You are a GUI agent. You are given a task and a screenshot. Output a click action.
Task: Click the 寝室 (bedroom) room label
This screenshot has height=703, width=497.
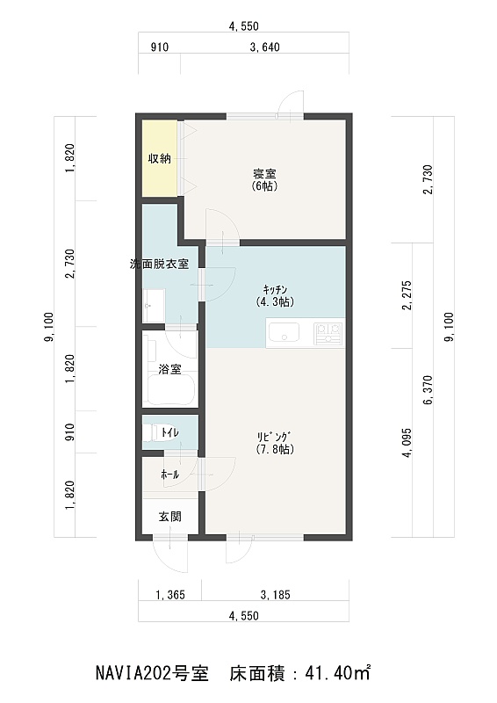pos(264,180)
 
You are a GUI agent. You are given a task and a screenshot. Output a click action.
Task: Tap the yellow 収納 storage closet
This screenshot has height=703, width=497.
pos(159,158)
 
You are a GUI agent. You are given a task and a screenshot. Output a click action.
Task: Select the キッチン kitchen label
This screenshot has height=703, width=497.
pos(275,296)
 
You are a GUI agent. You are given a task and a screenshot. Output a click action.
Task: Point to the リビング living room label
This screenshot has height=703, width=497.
pos(275,443)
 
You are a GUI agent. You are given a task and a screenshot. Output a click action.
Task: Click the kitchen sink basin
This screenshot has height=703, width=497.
pos(285,333)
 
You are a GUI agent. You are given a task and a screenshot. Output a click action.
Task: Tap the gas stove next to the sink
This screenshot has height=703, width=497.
pos(328,334)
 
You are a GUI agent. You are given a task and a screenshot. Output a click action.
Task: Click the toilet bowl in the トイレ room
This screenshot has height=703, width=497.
pos(153,433)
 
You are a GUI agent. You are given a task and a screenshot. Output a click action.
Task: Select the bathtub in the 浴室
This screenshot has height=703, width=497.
pos(170,389)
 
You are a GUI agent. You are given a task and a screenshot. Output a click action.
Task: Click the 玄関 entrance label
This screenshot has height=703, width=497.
pos(170,517)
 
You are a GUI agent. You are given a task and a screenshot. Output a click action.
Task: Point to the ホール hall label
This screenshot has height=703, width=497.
pos(170,475)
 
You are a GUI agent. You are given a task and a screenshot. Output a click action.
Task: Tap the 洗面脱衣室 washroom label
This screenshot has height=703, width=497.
pos(159,265)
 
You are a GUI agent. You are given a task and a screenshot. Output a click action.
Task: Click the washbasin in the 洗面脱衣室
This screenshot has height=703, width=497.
pos(154,305)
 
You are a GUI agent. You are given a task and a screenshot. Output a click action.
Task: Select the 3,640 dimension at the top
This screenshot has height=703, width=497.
pos(264,47)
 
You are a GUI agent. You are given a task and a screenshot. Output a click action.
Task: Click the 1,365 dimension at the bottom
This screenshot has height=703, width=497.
pos(170,595)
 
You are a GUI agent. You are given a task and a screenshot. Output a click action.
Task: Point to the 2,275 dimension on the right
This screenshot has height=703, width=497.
pos(407,295)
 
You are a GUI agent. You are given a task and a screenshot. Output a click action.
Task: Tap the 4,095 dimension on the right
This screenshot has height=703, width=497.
pos(407,443)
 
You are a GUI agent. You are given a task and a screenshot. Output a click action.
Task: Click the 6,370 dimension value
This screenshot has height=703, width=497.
pos(428,390)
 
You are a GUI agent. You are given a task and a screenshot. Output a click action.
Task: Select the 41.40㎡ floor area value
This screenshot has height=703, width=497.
pos(337,673)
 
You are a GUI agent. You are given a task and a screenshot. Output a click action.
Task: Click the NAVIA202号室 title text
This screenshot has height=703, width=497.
pos(153,673)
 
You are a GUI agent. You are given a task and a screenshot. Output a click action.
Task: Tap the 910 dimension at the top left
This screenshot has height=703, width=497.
pos(160,47)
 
